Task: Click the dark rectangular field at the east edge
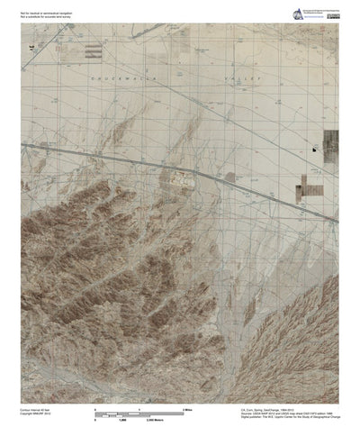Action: tap(332, 141)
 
